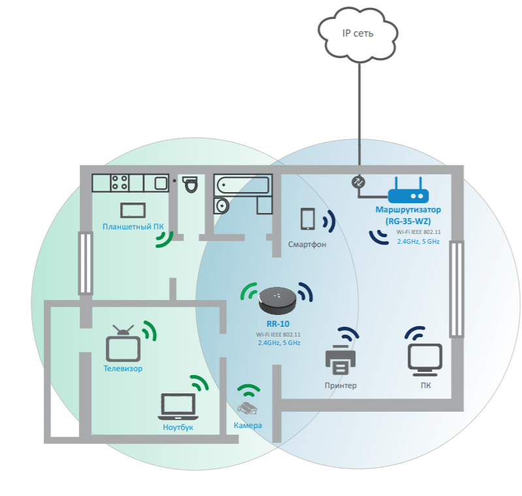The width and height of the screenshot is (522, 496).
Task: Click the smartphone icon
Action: (308, 219)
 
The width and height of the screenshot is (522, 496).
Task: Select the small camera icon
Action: (248, 409)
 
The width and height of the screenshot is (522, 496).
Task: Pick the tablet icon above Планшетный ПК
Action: (133, 210)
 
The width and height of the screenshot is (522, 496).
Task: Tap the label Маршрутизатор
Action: (408, 210)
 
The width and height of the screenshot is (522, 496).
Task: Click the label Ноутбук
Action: (178, 427)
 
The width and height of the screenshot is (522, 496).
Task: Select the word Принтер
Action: (341, 386)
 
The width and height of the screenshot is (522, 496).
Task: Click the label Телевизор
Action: (123, 369)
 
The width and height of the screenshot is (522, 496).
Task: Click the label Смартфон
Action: (307, 244)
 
